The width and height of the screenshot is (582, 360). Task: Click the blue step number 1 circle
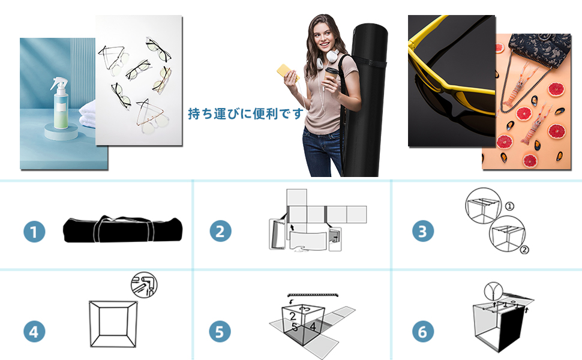point(35,231)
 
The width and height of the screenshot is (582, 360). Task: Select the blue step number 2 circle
point(220,231)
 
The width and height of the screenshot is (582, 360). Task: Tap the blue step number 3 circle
point(423,231)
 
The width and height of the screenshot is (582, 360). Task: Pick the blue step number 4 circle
point(35,331)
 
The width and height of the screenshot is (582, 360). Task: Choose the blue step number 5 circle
point(220,331)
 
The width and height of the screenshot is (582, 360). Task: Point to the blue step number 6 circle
point(423,331)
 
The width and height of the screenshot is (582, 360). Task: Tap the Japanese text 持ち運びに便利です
point(246,113)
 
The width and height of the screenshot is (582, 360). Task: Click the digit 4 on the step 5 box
point(313,326)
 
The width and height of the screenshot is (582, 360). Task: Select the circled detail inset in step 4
point(144,284)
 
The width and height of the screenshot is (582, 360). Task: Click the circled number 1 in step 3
point(509,206)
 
